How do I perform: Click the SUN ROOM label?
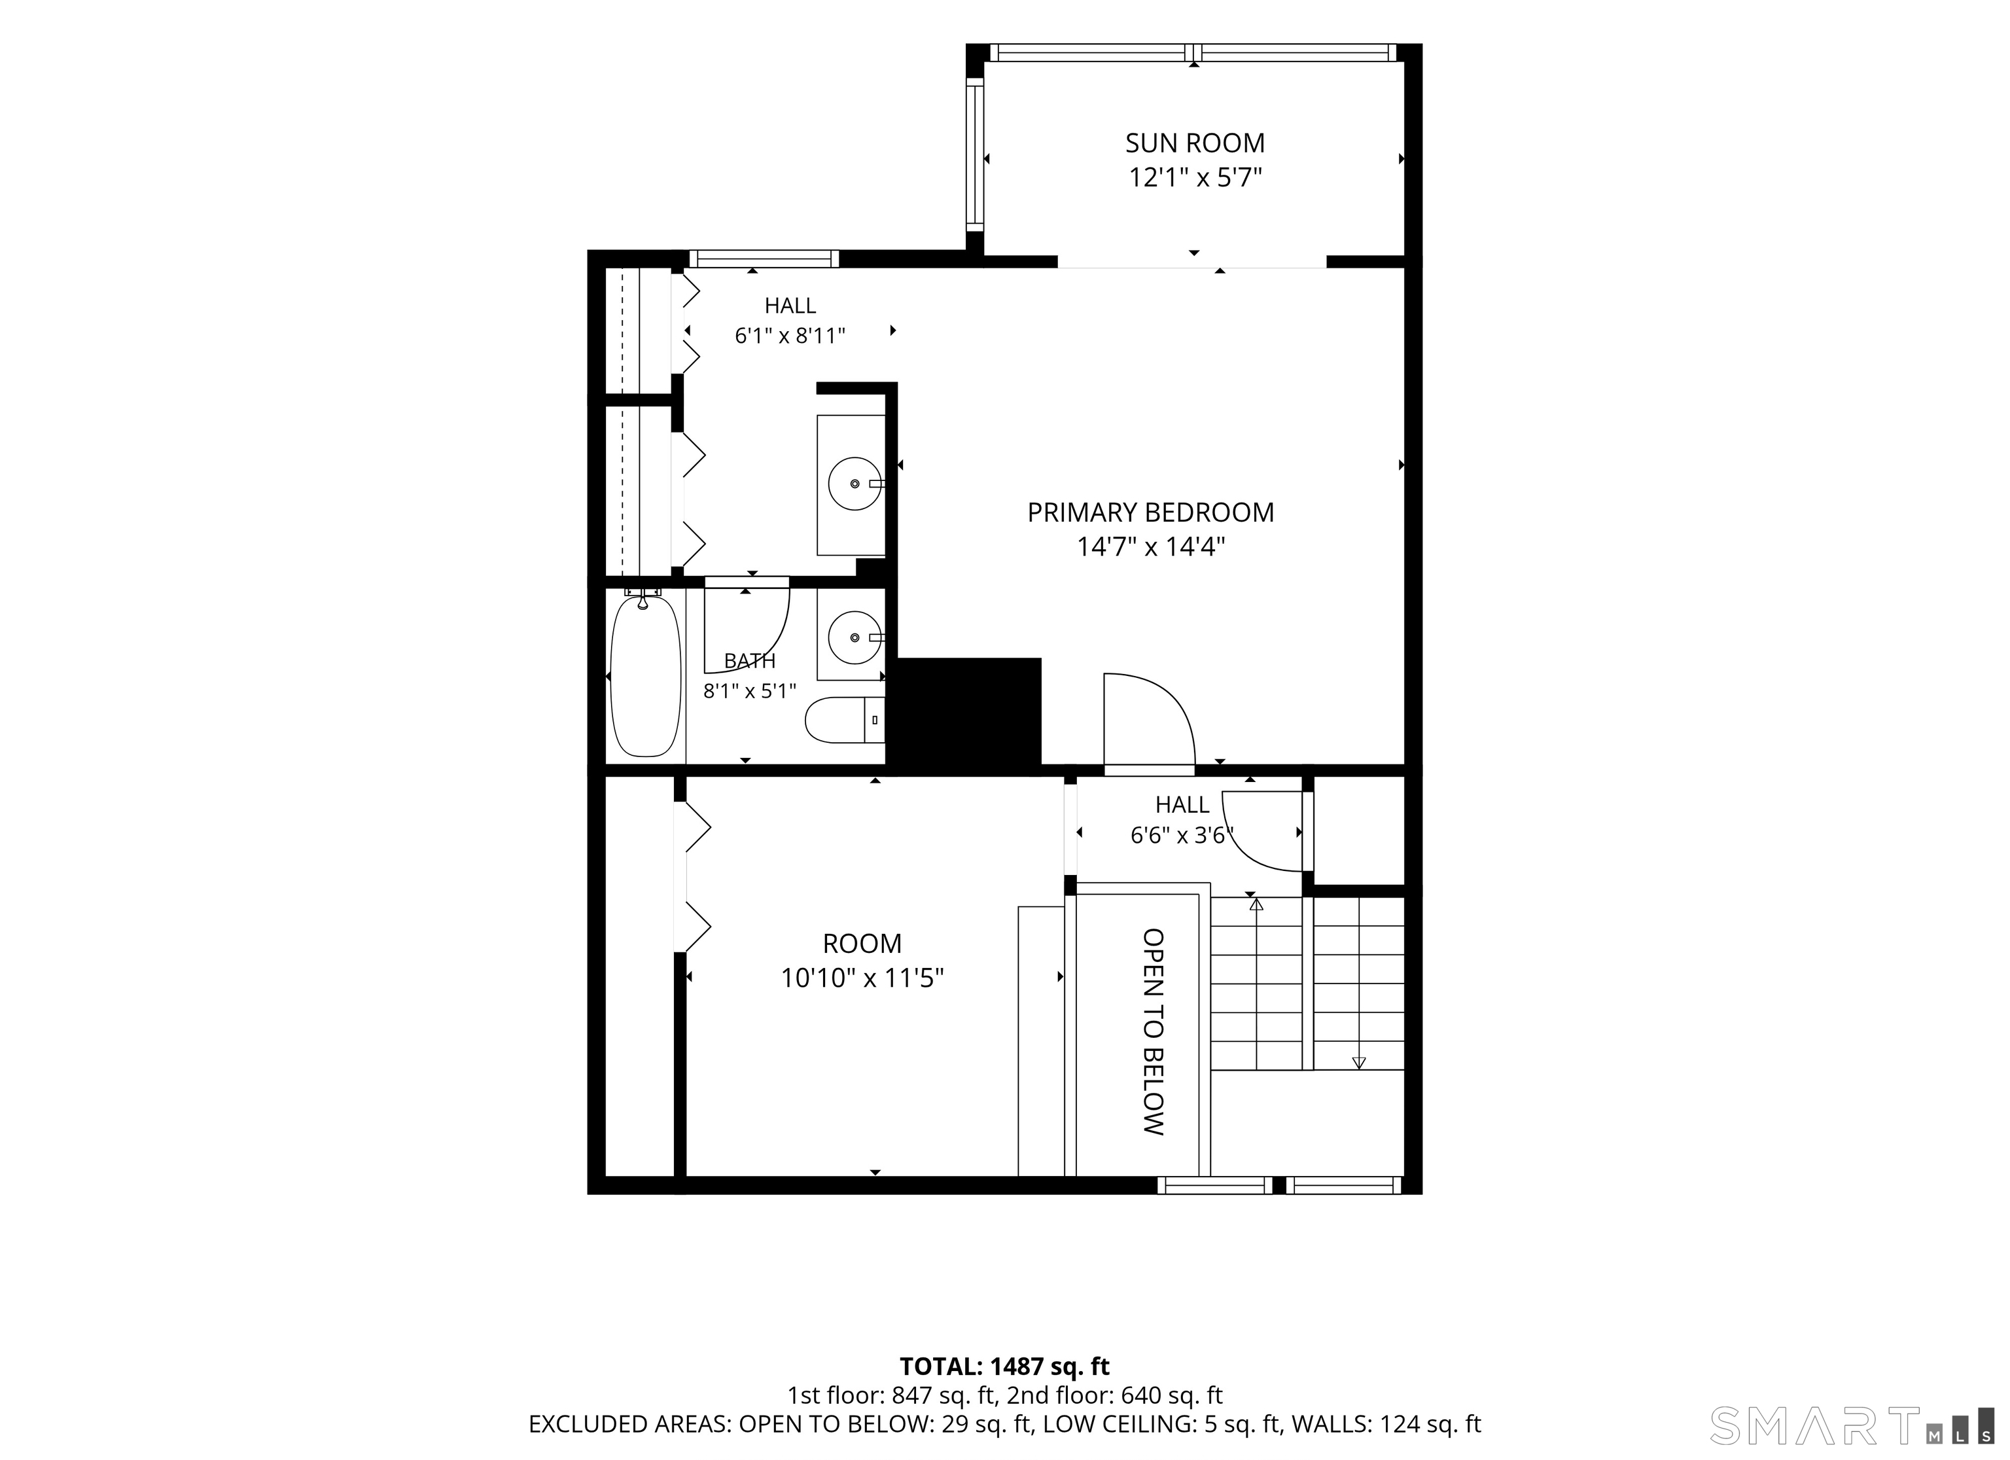coord(1195,143)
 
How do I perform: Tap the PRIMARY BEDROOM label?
coord(1150,512)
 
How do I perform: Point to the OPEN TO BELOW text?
coord(1152,1032)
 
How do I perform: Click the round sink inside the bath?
coord(855,637)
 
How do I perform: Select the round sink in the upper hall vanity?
coord(855,483)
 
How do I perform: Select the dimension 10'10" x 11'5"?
coord(862,978)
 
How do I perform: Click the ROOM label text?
coord(862,943)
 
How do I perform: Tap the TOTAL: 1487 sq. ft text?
coord(1005,1366)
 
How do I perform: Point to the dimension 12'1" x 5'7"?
coord(1195,178)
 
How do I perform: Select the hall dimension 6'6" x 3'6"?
coord(1182,835)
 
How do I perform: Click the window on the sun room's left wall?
coord(975,154)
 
